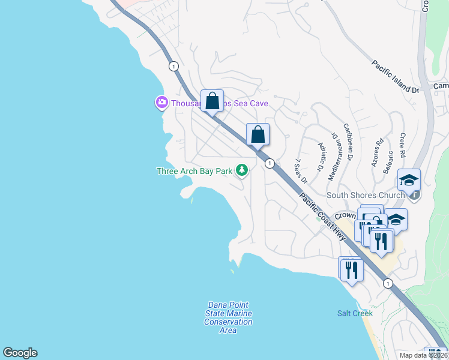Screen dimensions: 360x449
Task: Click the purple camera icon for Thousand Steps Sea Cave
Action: click(161, 103)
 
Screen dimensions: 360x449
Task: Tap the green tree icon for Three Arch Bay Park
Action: click(242, 171)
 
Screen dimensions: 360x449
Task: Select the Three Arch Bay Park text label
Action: click(194, 172)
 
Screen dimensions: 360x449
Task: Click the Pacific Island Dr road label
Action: click(394, 77)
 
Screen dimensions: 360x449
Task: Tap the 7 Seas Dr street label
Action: click(300, 172)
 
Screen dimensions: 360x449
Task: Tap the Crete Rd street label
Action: click(403, 145)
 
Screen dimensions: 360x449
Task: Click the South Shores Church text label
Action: click(365, 195)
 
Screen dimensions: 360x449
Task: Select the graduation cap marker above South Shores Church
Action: click(409, 179)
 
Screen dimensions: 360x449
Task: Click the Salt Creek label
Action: click(355, 313)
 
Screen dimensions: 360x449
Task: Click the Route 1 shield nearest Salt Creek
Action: click(388, 283)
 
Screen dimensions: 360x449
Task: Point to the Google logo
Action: click(20, 353)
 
